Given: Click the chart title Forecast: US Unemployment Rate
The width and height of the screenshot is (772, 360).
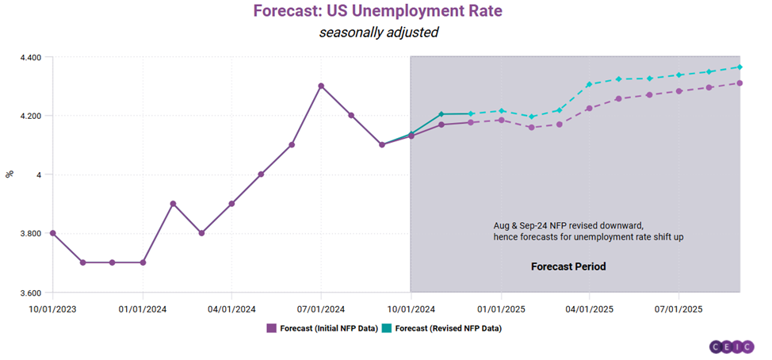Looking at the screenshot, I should (378, 12).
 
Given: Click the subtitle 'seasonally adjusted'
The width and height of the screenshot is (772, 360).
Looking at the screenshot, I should (378, 33).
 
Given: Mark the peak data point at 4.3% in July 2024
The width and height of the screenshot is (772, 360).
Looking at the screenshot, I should (321, 86).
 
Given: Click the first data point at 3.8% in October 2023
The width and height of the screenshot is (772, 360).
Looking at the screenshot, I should (52, 233).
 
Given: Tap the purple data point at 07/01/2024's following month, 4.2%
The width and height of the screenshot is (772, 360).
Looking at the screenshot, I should (351, 115).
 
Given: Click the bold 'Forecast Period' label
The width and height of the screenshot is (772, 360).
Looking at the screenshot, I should (568, 266).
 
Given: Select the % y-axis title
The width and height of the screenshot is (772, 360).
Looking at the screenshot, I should (10, 174).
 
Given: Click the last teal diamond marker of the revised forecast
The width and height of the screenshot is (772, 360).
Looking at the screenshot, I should (740, 67).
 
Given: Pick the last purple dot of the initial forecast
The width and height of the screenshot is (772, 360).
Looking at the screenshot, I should (740, 82).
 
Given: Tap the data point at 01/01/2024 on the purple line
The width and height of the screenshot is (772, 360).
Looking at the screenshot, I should (143, 262).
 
